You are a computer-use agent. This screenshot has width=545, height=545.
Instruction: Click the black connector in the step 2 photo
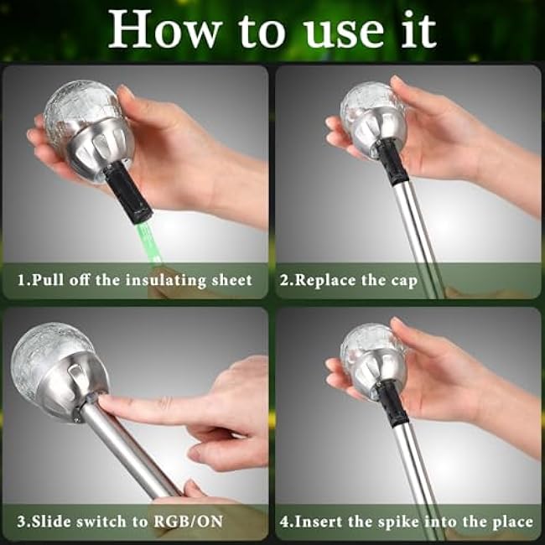pos(391,162)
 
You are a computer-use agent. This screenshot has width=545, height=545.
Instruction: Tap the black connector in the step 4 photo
pos(392,402)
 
